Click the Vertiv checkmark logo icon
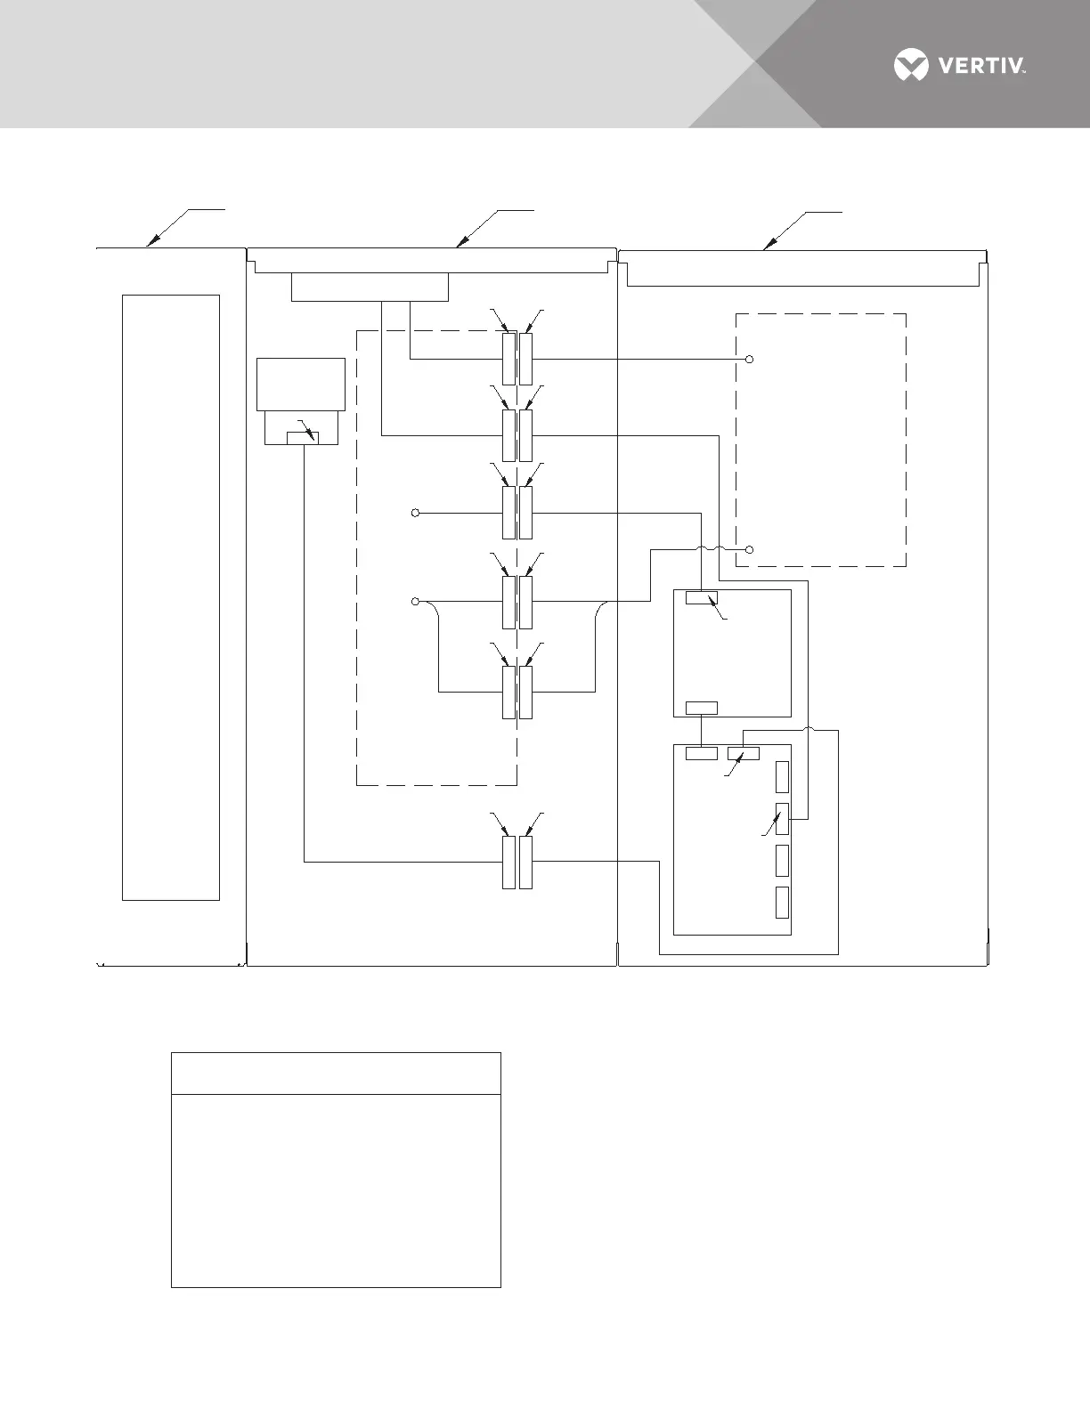(911, 66)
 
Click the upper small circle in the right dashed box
(749, 360)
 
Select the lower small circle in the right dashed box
(749, 550)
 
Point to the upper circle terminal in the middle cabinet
(415, 513)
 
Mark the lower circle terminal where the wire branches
(415, 602)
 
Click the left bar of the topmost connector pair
(508, 360)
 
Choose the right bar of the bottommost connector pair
(526, 862)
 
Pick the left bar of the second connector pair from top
(508, 435)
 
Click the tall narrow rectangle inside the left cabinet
(170, 597)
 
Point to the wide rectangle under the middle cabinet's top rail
(370, 288)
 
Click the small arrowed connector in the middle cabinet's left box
(304, 436)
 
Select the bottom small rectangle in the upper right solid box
(702, 709)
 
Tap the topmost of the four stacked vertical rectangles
(782, 777)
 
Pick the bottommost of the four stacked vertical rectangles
(782, 903)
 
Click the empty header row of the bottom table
(336, 1074)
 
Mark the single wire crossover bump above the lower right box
(809, 730)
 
